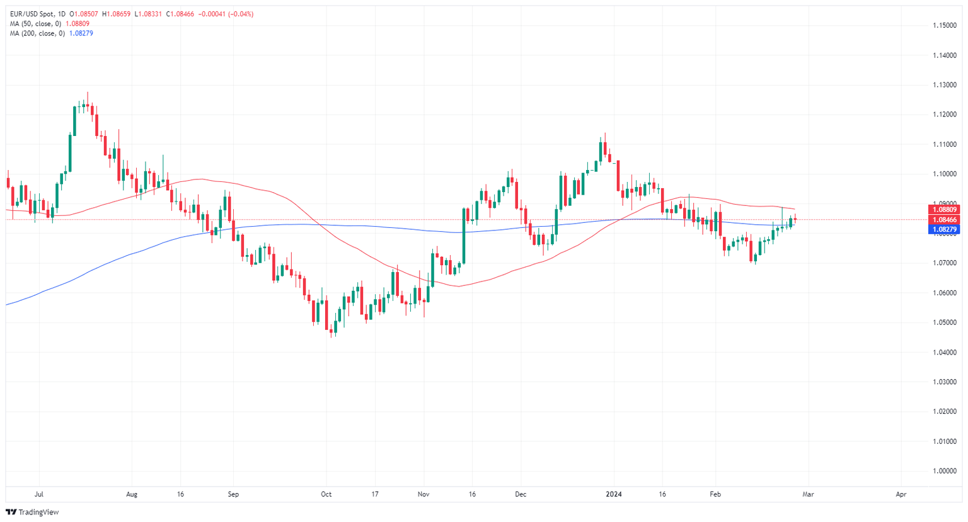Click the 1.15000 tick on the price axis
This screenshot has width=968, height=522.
pyautogui.click(x=945, y=25)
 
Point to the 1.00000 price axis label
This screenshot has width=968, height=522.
pyautogui.click(x=945, y=471)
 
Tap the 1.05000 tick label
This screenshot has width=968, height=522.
pyautogui.click(x=945, y=322)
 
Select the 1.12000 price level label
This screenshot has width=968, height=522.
pyautogui.click(x=945, y=115)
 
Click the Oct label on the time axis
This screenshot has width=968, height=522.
pyautogui.click(x=326, y=494)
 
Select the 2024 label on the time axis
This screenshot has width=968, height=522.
pyautogui.click(x=613, y=494)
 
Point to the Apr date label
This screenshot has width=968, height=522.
pyautogui.click(x=901, y=494)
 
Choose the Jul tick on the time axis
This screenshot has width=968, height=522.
pyautogui.click(x=39, y=494)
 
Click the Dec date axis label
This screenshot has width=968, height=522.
pyautogui.click(x=520, y=494)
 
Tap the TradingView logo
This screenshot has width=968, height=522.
pyautogui.click(x=32, y=512)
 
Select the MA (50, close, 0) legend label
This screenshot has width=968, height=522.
pyautogui.click(x=35, y=24)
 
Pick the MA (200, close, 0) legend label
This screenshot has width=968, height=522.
pyautogui.click(x=37, y=33)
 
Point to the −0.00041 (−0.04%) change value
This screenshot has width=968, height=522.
pyautogui.click(x=226, y=14)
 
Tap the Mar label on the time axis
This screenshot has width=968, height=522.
pyautogui.click(x=808, y=494)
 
